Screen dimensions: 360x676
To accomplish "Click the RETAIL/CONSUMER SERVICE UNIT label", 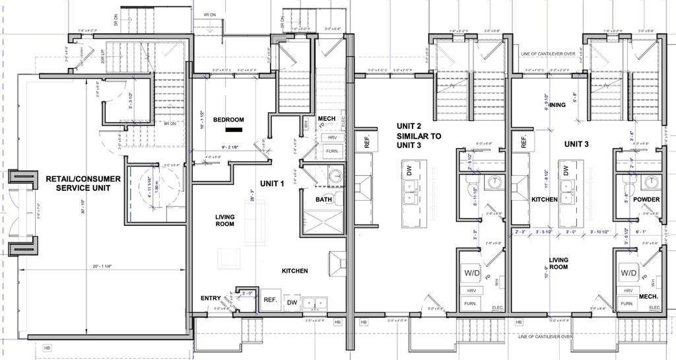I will pyautogui.click(x=83, y=183).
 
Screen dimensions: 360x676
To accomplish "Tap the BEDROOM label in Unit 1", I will pyautogui.click(x=228, y=120).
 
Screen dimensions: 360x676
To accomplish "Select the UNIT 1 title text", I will pyautogui.click(x=271, y=183).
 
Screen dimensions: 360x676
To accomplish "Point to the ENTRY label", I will pyautogui.click(x=211, y=299).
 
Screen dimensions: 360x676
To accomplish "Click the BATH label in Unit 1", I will pyautogui.click(x=323, y=199).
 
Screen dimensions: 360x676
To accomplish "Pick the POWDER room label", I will pyautogui.click(x=646, y=199).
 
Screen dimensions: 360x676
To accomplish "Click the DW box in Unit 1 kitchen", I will pyautogui.click(x=291, y=302).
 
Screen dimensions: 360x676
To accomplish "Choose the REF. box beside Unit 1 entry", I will pyautogui.click(x=270, y=299).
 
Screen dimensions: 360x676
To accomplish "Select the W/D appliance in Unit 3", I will pyautogui.click(x=628, y=272).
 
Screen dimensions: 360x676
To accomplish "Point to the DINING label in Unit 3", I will pyautogui.click(x=555, y=105).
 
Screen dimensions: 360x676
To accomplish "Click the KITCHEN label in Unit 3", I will pyautogui.click(x=545, y=199).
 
